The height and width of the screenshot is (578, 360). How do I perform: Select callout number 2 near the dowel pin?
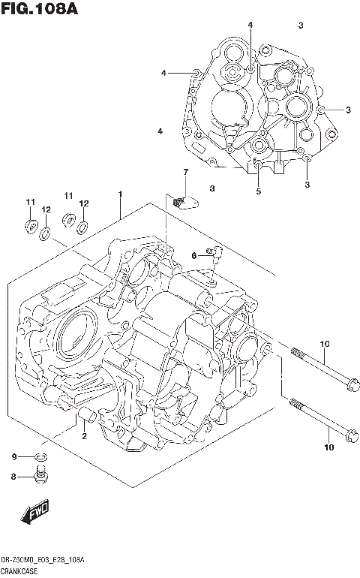coord(84,436)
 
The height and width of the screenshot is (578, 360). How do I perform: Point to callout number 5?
coord(258,191)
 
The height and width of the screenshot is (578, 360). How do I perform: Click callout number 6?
coord(193,256)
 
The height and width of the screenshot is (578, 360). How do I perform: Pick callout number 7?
coord(184,173)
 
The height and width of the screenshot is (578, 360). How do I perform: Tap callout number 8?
coord(13,476)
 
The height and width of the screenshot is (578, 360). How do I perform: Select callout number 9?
coord(13,457)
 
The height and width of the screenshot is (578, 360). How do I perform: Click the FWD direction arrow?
coord(34,515)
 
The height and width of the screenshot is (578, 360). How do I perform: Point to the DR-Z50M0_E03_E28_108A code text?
coord(42,561)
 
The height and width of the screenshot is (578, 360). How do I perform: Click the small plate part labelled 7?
coord(183,200)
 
